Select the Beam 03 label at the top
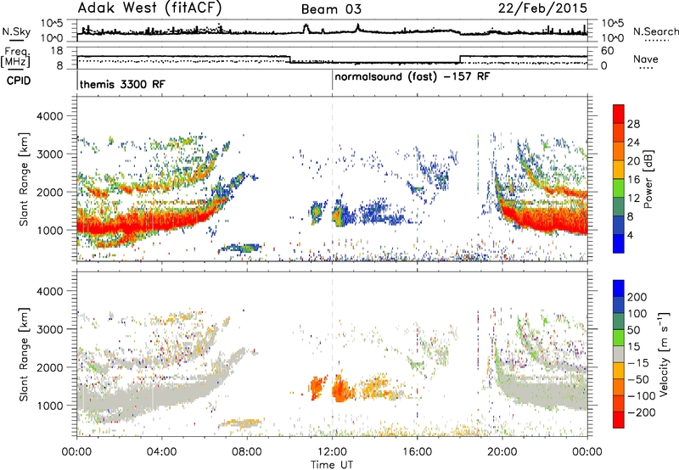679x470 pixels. pyautogui.click(x=331, y=9)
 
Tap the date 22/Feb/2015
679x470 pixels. pyautogui.click(x=542, y=8)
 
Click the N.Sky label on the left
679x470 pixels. pyautogui.click(x=16, y=31)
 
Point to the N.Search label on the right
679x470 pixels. pyautogui.click(x=655, y=31)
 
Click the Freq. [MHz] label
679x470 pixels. pyautogui.click(x=15, y=57)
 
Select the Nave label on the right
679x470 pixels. pyautogui.click(x=645, y=59)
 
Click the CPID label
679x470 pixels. pyautogui.click(x=19, y=81)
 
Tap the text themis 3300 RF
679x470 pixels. pyautogui.click(x=122, y=84)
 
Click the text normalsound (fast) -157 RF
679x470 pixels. pyautogui.click(x=412, y=77)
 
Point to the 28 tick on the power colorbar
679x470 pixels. pyautogui.click(x=633, y=124)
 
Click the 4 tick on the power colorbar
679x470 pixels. pyautogui.click(x=630, y=235)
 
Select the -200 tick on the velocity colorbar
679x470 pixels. pyautogui.click(x=642, y=412)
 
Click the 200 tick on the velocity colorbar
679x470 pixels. pyautogui.click(x=637, y=297)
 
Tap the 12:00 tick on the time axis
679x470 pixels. pyautogui.click(x=332, y=451)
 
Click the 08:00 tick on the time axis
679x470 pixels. pyautogui.click(x=247, y=451)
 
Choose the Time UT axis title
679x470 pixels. pyautogui.click(x=332, y=464)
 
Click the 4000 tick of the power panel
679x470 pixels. pyautogui.click(x=49, y=116)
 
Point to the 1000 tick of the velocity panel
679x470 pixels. pyautogui.click(x=49, y=406)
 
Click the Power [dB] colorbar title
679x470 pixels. pyautogui.click(x=648, y=179)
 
